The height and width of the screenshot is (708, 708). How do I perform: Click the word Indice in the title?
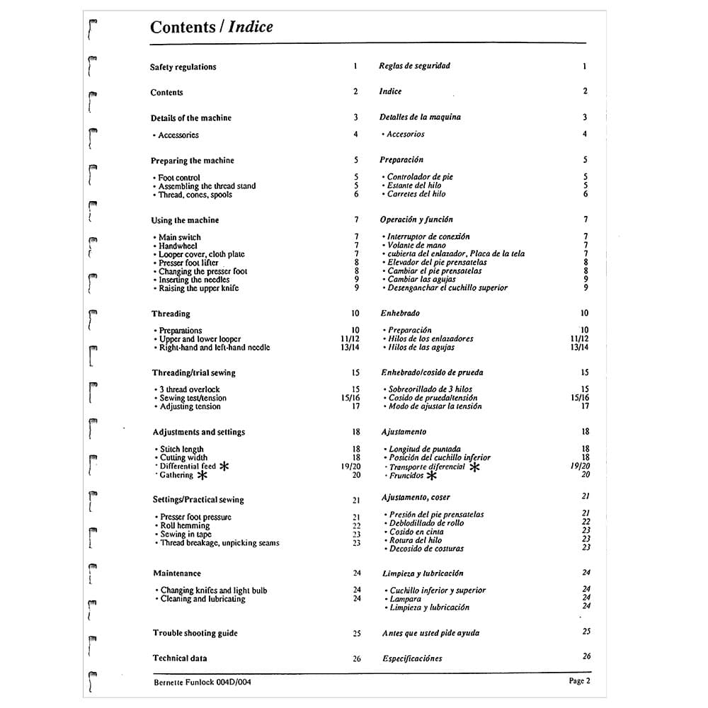250,28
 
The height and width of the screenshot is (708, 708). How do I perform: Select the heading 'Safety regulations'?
183,67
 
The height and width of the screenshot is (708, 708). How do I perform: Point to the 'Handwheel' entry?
178,246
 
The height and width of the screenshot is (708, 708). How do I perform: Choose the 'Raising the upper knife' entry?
198,288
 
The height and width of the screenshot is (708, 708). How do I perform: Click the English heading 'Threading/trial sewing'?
193,372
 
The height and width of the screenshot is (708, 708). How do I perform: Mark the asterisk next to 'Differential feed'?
224,467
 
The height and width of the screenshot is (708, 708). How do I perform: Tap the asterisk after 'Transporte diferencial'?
474,467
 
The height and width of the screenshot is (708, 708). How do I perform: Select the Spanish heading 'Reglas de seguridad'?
414,66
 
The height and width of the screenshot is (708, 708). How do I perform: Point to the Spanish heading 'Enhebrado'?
400,313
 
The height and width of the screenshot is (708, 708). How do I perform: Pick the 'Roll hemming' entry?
185,526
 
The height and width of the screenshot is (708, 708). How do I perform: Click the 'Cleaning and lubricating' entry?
202,599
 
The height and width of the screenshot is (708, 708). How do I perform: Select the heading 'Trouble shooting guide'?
195,633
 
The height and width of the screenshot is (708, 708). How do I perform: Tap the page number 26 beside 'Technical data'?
357,658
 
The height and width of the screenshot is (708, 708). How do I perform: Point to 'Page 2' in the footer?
578,681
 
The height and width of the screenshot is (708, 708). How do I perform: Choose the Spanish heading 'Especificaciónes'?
412,658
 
